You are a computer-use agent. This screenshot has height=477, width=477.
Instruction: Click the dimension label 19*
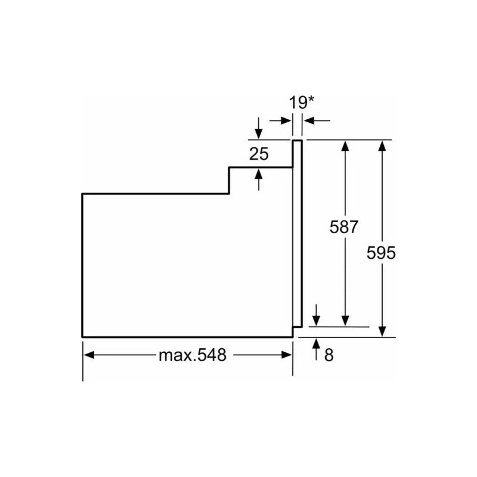[x=302, y=103]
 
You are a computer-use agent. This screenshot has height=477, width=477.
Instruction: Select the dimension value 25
[x=259, y=154]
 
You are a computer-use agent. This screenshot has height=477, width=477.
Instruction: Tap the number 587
[x=344, y=227]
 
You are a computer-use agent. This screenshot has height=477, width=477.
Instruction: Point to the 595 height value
[x=381, y=253]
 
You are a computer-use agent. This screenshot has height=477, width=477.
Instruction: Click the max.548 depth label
[x=193, y=355]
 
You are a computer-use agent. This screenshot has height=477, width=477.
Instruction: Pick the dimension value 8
[x=329, y=355]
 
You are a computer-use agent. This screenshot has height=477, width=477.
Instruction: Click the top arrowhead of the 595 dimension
[x=382, y=145]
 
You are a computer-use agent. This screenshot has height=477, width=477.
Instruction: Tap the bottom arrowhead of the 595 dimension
[x=382, y=332]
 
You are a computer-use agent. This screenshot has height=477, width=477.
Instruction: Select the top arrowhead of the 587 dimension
[x=345, y=145]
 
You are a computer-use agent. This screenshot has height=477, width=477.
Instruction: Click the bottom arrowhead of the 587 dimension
[x=345, y=321]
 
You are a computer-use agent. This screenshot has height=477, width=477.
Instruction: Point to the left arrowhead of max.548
[x=89, y=355]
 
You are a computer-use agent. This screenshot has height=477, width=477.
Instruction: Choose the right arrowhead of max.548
[x=287, y=355]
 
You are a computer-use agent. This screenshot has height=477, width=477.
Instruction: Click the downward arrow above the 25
[x=259, y=128]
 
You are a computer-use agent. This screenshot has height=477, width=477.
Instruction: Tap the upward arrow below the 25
[x=259, y=180]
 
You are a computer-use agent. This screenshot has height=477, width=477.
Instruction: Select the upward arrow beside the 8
[x=317, y=349]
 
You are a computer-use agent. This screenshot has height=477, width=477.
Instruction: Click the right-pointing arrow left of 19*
[x=280, y=120]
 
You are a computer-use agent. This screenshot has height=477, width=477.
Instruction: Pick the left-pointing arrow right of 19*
[x=317, y=120]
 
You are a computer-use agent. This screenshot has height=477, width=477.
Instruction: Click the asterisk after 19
[x=311, y=99]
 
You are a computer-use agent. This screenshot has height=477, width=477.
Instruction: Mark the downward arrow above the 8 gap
[x=317, y=315]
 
